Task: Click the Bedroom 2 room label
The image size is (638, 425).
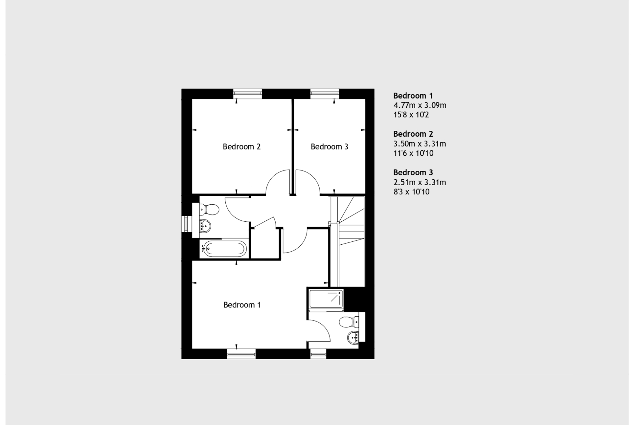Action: tap(241, 147)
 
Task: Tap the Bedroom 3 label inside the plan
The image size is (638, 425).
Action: tap(329, 147)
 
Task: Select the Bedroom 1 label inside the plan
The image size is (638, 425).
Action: tap(242, 305)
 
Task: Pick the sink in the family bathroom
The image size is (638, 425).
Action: tap(205, 226)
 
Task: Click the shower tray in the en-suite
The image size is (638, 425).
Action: tap(326, 299)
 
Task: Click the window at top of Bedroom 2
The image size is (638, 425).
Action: tap(248, 94)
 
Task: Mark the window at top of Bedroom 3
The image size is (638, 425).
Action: tap(325, 94)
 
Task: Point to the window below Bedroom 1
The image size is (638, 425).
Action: tap(241, 354)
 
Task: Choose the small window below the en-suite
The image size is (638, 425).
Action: tap(318, 354)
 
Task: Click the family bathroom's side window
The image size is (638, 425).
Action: tap(187, 224)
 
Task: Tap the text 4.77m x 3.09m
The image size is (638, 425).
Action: tap(420, 105)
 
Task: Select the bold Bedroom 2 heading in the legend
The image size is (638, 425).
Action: tap(413, 134)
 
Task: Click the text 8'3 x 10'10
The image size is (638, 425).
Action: tap(411, 192)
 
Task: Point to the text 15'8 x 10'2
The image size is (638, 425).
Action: tap(411, 115)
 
